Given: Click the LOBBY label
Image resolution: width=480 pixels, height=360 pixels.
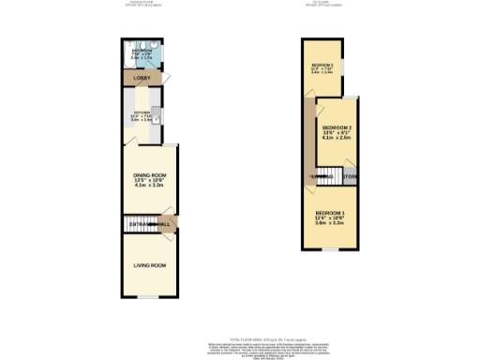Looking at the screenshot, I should pos(142,78).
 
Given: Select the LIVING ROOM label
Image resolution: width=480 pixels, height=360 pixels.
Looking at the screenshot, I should pos(147,265).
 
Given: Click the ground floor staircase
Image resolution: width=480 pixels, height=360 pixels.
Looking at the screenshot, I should pos(129,225).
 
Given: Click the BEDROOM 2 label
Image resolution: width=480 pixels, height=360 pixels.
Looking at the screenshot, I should pos(337,127).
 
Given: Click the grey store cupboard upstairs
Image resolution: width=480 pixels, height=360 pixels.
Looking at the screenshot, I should pos(349,176).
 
